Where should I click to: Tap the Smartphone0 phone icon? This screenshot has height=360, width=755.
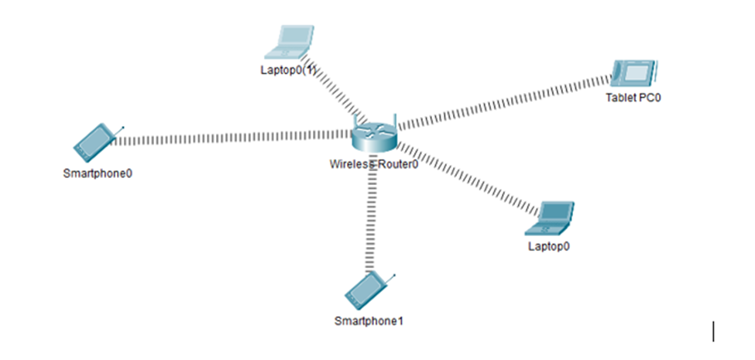95,139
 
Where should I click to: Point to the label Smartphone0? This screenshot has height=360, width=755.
98,173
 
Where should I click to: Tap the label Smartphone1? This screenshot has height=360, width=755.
369,321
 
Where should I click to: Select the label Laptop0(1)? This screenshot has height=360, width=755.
289,70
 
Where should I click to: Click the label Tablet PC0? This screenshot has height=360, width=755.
634,98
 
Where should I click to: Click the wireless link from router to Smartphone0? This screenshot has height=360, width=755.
232,138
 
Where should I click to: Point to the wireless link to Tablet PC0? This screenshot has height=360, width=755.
503,101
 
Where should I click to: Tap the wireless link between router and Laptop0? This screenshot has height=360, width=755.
465,178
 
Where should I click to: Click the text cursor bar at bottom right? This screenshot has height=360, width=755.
713,331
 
